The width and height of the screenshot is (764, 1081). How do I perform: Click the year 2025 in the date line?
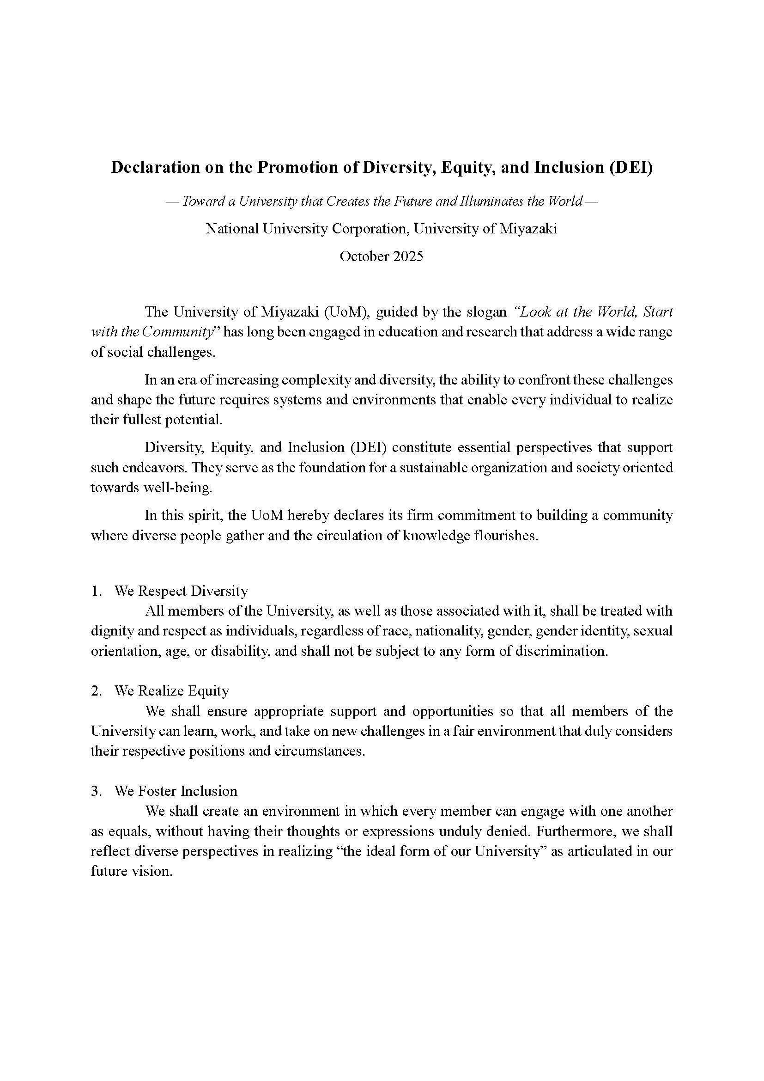pyautogui.click(x=408, y=256)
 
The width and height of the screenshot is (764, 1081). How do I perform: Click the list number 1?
pyautogui.click(x=96, y=591)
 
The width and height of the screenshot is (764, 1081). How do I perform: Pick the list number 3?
pyautogui.click(x=96, y=791)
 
